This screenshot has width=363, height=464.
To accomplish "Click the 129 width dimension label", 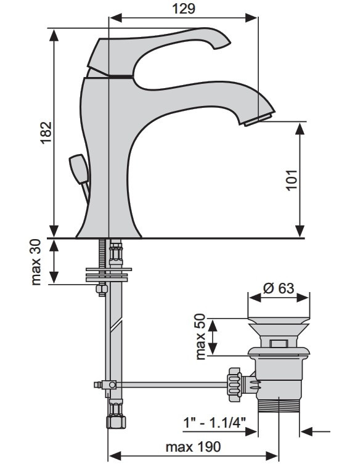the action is (184, 9).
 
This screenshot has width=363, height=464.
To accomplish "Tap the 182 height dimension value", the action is (46, 132).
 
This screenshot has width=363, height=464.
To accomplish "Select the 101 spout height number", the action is (292, 180).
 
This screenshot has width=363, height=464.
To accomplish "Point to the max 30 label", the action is (36, 262).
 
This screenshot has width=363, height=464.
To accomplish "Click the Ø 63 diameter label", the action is (279, 288).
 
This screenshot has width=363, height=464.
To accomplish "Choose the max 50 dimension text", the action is (200, 336).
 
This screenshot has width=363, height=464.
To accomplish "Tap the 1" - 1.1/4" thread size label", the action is (215, 421).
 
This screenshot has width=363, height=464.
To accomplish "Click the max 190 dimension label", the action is (194, 447).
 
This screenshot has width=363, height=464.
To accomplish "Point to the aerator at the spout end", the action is (258, 120).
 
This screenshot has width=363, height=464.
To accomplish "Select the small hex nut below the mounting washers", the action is (102, 289).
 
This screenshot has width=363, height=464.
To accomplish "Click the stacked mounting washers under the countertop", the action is (108, 275).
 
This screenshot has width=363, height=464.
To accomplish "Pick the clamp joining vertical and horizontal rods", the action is (108, 385).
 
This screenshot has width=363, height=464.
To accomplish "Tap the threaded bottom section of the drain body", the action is (279, 405).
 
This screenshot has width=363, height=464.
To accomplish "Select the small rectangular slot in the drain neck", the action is (279, 343).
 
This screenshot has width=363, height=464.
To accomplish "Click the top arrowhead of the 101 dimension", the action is (300, 129).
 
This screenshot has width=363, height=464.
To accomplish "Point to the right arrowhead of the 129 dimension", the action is (251, 17).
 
